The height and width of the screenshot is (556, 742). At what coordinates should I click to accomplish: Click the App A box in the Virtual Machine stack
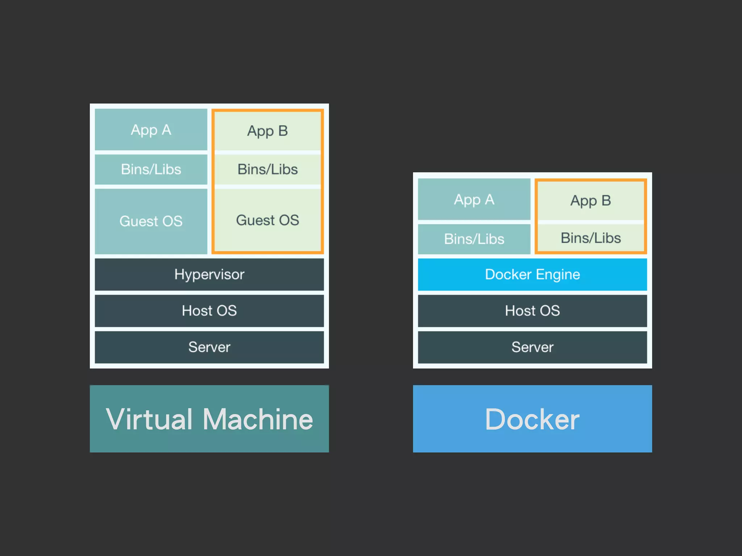pos(151,130)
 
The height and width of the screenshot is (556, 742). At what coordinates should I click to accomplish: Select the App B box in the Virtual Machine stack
pos(267,131)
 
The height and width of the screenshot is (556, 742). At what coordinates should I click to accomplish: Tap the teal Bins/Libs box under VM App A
pos(151,169)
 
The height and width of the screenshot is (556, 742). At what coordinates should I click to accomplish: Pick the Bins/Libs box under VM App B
pos(267,169)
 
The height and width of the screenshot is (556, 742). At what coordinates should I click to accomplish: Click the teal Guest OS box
pos(151,221)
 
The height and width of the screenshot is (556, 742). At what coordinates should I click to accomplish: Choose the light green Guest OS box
pos(267,220)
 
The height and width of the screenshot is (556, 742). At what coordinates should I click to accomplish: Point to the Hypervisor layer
pos(209,274)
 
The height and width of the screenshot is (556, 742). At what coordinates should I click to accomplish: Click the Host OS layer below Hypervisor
pos(209,311)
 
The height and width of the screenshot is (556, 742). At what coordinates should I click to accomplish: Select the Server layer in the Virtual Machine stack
pos(209,347)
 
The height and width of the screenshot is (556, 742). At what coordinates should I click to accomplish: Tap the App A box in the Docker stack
pos(474,199)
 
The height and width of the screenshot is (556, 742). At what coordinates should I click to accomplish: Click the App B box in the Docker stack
pos(591,201)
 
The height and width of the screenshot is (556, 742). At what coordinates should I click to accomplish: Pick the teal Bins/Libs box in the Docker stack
pos(474,239)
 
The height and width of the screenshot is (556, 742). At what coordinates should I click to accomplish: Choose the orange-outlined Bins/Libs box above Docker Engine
pos(591,238)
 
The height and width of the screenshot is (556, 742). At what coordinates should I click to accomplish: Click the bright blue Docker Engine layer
pos(532,274)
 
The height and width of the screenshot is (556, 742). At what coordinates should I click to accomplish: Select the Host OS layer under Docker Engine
pos(532,311)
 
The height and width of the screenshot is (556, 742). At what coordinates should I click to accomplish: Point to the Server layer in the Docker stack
pos(532,347)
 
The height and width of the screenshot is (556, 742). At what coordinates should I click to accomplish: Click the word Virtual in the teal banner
pos(149,419)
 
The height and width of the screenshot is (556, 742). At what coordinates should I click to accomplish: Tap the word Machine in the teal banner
pos(258,419)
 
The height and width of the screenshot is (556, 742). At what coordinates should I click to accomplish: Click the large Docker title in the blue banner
pos(532,419)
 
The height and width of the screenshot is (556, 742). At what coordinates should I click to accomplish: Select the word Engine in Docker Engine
pos(558,275)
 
